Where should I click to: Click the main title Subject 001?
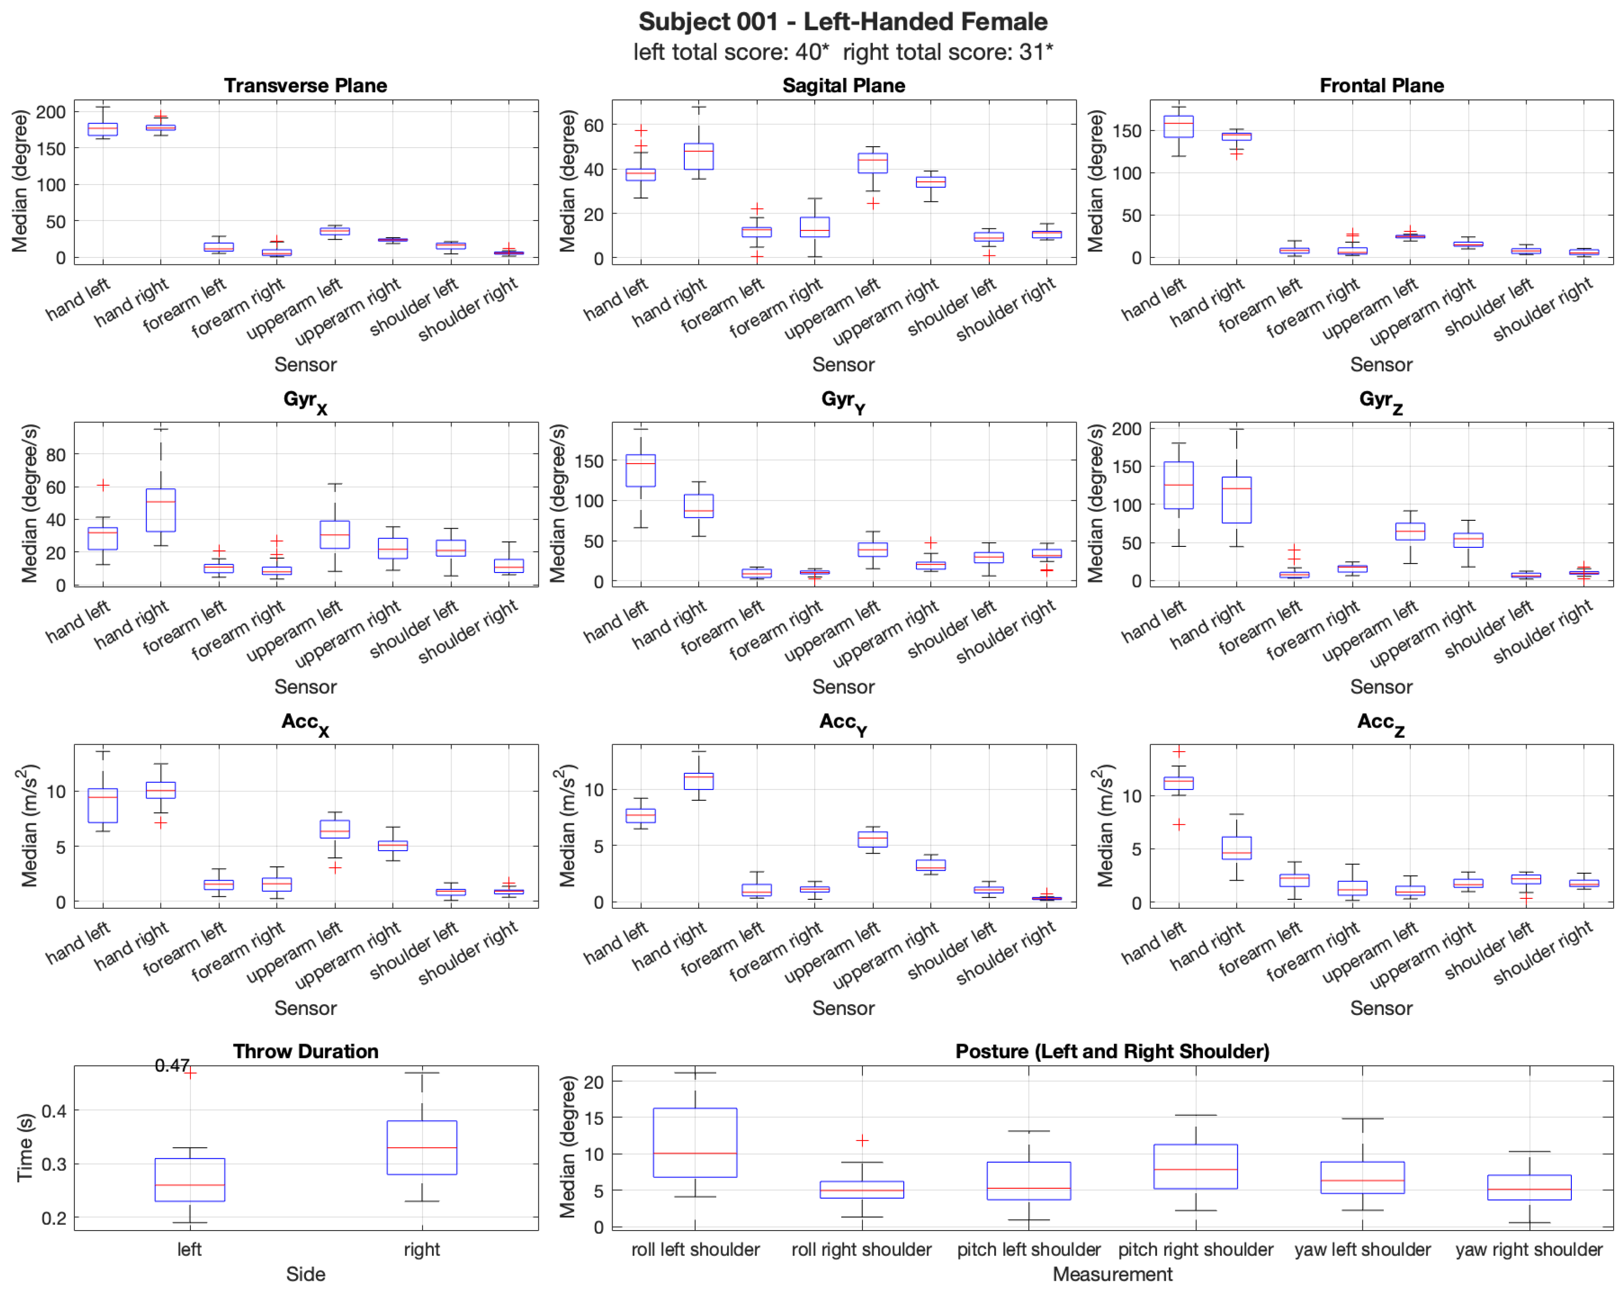(x=843, y=22)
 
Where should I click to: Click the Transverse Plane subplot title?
(x=305, y=86)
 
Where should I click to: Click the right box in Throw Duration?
(x=422, y=1147)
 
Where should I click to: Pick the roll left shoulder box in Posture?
(x=695, y=1142)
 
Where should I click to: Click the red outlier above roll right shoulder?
(x=862, y=1141)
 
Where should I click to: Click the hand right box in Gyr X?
(x=160, y=510)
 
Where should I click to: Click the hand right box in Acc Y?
(x=698, y=781)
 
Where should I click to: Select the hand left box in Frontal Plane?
(x=1178, y=126)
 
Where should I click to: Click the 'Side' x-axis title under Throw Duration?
(x=305, y=1274)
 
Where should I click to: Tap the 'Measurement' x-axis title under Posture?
(x=1112, y=1274)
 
